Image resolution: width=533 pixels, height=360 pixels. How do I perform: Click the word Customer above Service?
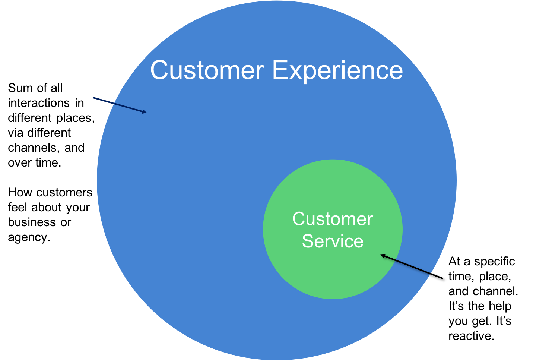pos(332,219)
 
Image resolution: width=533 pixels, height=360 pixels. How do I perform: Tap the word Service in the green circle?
pos(332,241)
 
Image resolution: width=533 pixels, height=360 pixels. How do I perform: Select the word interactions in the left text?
pos(39,103)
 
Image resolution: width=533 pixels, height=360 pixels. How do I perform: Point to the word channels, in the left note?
pos(34,148)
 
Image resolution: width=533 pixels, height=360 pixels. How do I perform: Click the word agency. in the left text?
pos(29,237)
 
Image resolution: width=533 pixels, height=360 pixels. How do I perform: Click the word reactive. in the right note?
pos(471,336)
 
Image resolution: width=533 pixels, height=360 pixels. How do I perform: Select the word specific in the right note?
pos(494,261)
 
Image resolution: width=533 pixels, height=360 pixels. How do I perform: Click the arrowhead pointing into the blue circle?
pos(144,111)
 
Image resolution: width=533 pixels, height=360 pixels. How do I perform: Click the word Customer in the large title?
pos(207,70)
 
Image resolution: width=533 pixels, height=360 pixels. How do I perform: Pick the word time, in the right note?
pos(461,276)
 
